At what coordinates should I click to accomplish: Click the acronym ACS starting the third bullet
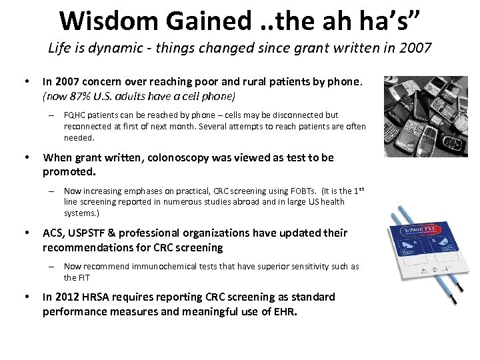[53, 233]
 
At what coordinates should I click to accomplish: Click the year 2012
[67, 297]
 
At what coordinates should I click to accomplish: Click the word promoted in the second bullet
[69, 171]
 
